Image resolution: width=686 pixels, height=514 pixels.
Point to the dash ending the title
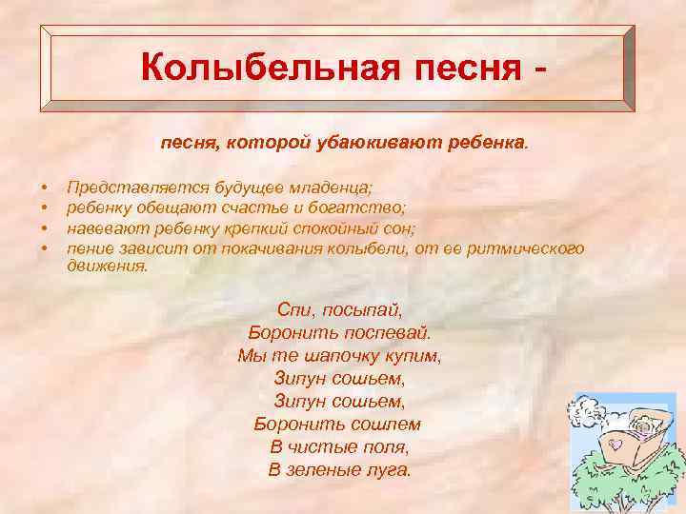pos(543,70)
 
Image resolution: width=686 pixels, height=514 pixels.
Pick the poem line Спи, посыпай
pos(340,309)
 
